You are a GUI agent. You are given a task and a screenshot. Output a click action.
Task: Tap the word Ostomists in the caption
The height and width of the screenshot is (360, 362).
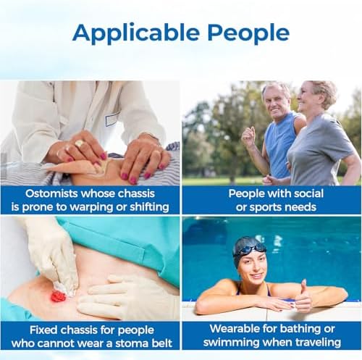51,193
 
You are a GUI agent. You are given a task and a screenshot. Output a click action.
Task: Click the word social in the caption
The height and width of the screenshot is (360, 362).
306,193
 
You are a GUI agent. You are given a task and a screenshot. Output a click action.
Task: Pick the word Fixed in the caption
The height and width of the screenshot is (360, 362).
43,330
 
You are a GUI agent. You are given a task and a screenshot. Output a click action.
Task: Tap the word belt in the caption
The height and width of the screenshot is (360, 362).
161,343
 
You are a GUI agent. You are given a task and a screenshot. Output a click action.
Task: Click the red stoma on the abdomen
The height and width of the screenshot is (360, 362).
58,296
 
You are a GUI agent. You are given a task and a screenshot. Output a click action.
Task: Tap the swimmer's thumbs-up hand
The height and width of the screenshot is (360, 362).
303,298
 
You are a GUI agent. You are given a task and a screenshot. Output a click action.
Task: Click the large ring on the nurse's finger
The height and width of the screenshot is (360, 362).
80,144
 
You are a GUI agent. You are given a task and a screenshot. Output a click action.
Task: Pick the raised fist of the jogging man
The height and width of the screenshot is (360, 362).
248,135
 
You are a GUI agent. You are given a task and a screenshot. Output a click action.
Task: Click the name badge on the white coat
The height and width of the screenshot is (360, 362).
112,120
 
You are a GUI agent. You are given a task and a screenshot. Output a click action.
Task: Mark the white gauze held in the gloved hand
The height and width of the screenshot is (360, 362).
64,289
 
